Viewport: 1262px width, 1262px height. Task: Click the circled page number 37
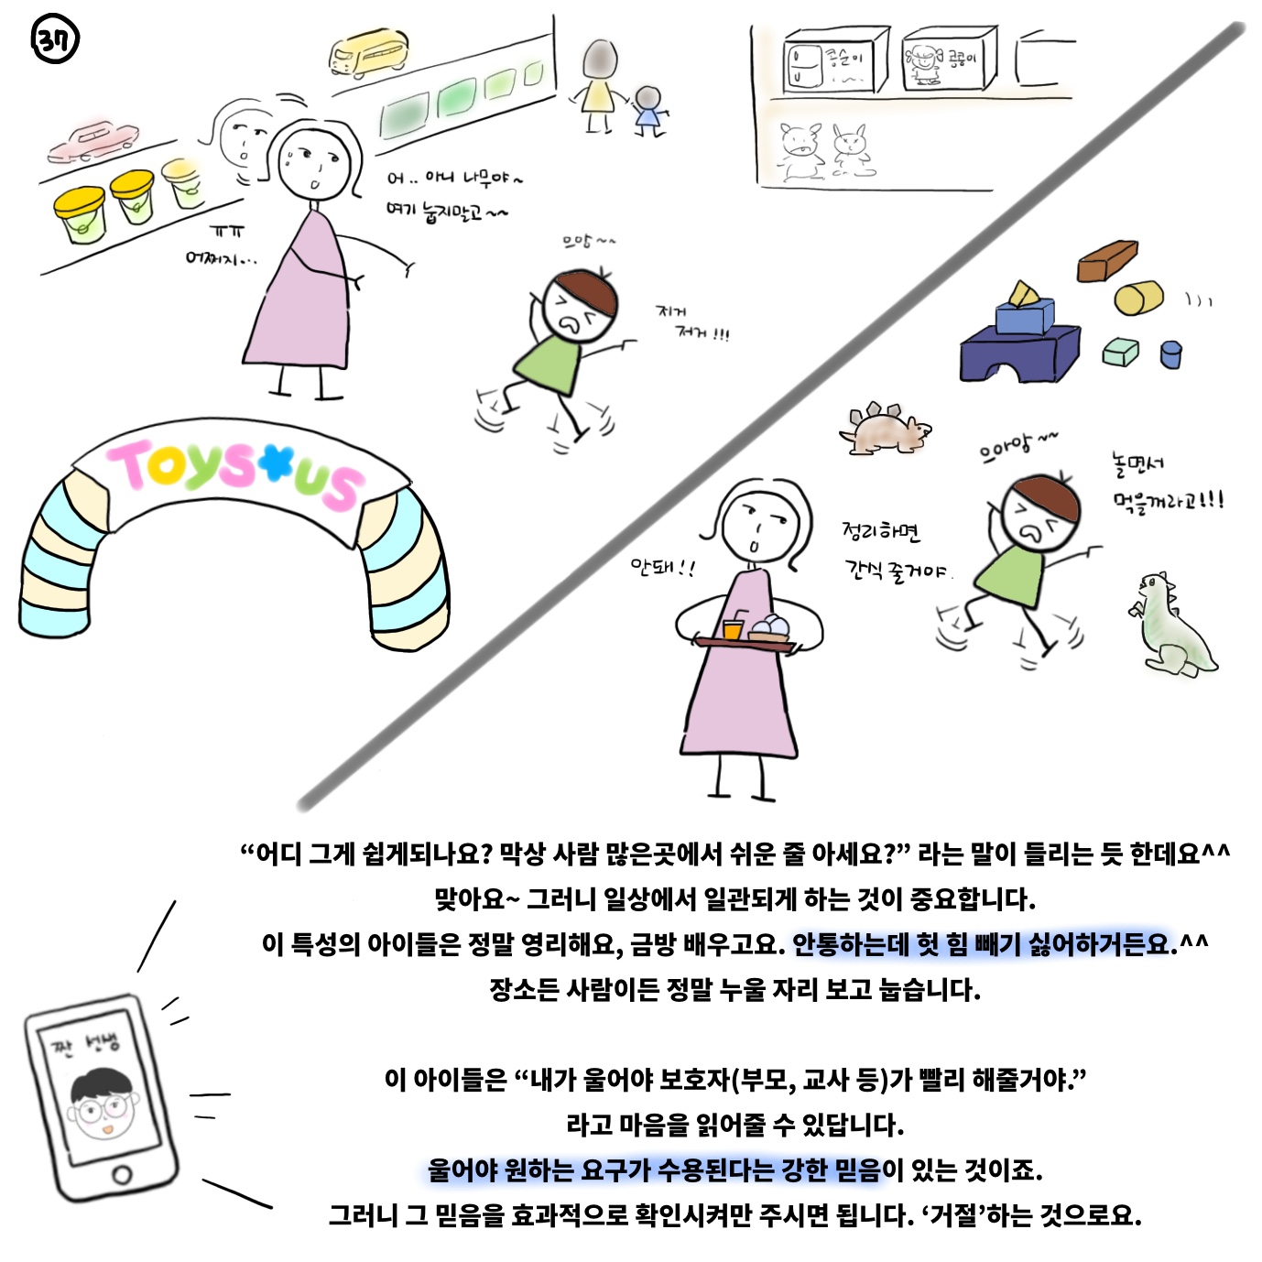pos(55,39)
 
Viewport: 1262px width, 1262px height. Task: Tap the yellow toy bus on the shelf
pos(368,52)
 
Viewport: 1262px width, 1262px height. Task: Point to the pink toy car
pos(93,141)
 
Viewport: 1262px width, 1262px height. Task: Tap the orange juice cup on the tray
pos(732,628)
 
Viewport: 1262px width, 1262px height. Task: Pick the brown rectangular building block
pos(1107,261)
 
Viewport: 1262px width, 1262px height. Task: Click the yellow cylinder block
pos(1139,298)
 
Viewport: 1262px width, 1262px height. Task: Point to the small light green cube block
pos(1121,353)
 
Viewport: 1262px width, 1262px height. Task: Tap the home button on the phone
pos(122,1174)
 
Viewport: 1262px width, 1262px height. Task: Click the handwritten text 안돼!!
pos(663,567)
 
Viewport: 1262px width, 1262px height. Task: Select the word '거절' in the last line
pos(955,1215)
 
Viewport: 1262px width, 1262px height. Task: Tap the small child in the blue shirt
pos(649,112)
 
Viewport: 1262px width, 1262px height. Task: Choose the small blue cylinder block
pos(1171,354)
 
